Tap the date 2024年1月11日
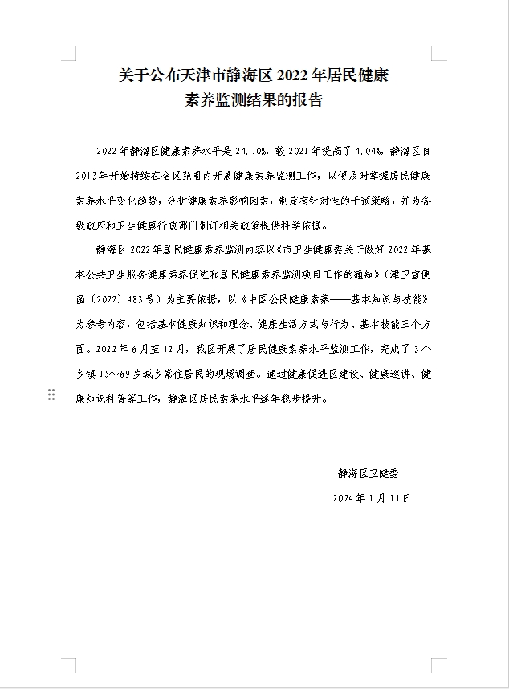pos(372,498)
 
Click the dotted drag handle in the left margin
pos(51,395)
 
